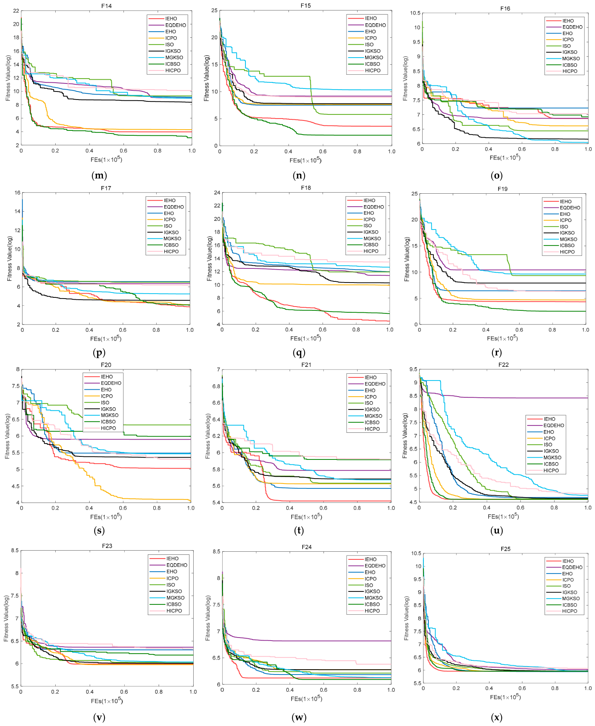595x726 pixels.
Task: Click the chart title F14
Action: (106, 6)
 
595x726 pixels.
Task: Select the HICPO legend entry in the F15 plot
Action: (373, 71)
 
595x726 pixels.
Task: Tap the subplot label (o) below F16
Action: (496, 175)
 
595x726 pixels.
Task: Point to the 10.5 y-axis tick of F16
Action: (415, 13)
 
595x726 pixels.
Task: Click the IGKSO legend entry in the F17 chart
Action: (171, 232)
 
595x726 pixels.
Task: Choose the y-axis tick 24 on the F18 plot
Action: (217, 193)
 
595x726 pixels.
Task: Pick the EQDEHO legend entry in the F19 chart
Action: (570, 208)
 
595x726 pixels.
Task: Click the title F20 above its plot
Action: (106, 365)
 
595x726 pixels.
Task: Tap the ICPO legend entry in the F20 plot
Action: (107, 396)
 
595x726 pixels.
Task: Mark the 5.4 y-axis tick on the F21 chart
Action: (216, 503)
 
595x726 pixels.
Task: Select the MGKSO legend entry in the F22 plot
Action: (552, 458)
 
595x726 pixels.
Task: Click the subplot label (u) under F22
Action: (496, 530)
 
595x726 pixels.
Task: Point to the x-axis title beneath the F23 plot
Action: (107, 700)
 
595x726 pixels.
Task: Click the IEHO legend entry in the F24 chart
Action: (370, 559)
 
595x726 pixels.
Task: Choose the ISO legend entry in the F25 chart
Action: (566, 586)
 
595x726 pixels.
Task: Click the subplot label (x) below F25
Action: (496, 717)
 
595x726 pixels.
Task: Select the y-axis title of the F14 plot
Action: (8, 78)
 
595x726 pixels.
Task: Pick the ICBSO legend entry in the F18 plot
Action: (371, 245)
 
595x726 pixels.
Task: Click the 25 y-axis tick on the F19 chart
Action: (415, 194)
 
